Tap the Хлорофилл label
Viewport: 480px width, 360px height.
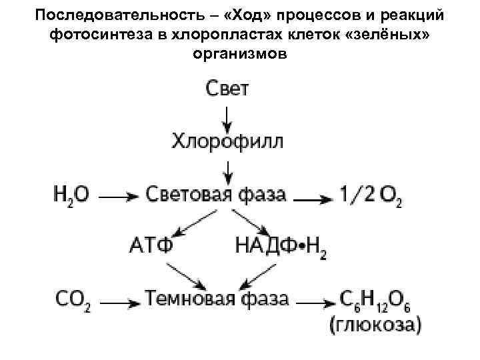(x=227, y=141)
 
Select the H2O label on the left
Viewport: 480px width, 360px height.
(x=71, y=195)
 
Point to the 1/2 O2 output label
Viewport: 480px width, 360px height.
(x=370, y=195)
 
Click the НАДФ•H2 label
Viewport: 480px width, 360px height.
(x=281, y=245)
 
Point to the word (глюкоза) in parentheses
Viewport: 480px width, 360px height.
(x=375, y=325)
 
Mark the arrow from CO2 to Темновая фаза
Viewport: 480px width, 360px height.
(x=121, y=301)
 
